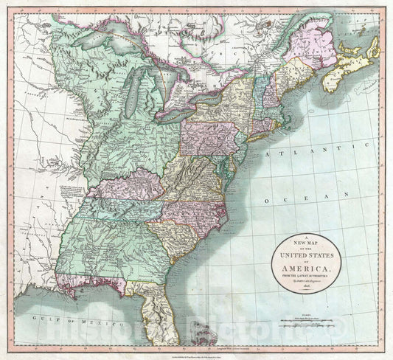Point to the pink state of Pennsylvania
coord(210,137)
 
